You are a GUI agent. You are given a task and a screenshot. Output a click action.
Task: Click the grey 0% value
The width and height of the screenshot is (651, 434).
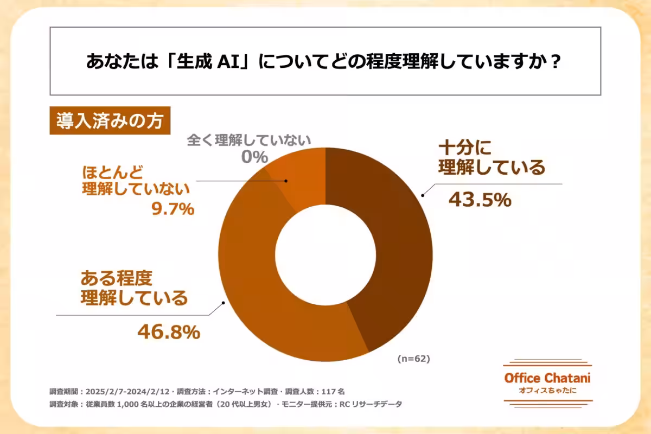pos(254,158)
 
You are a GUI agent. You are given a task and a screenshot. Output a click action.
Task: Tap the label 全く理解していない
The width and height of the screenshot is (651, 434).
pos(249,140)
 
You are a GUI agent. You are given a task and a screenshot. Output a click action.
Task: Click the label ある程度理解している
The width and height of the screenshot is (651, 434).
pos(133,288)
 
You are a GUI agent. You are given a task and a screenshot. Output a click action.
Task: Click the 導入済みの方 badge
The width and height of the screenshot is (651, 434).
pos(110,121)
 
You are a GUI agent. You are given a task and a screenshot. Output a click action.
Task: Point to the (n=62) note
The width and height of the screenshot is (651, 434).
pos(413,359)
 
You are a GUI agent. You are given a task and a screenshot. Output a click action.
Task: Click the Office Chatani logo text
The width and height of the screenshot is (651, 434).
pos(547,379)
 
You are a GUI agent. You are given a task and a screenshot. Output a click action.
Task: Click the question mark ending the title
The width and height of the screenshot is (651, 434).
pos(554,61)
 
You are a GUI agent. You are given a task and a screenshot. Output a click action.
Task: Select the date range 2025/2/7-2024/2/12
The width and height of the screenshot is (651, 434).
pos(128,391)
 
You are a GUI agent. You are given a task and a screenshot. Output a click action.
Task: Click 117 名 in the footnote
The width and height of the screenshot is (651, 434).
pos(332,391)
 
